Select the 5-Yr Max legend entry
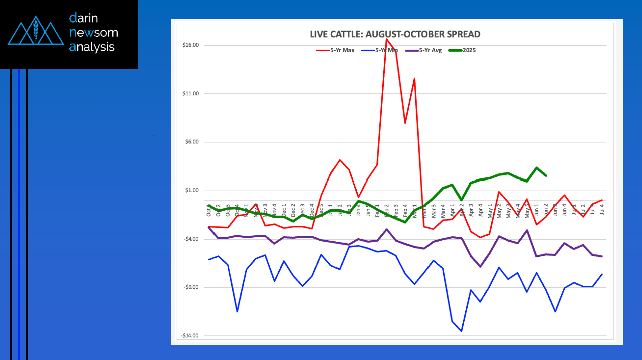[342, 50]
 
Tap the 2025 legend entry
[469, 50]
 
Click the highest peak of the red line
[386, 39]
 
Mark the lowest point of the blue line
[461, 331]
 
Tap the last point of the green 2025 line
[546, 176]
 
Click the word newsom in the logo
[94, 33]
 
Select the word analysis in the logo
[92, 47]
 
